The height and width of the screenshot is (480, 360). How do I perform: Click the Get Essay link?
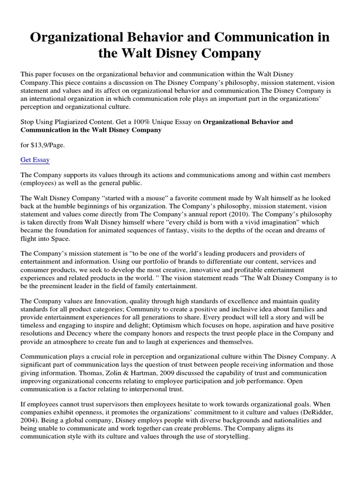tap(35, 160)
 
